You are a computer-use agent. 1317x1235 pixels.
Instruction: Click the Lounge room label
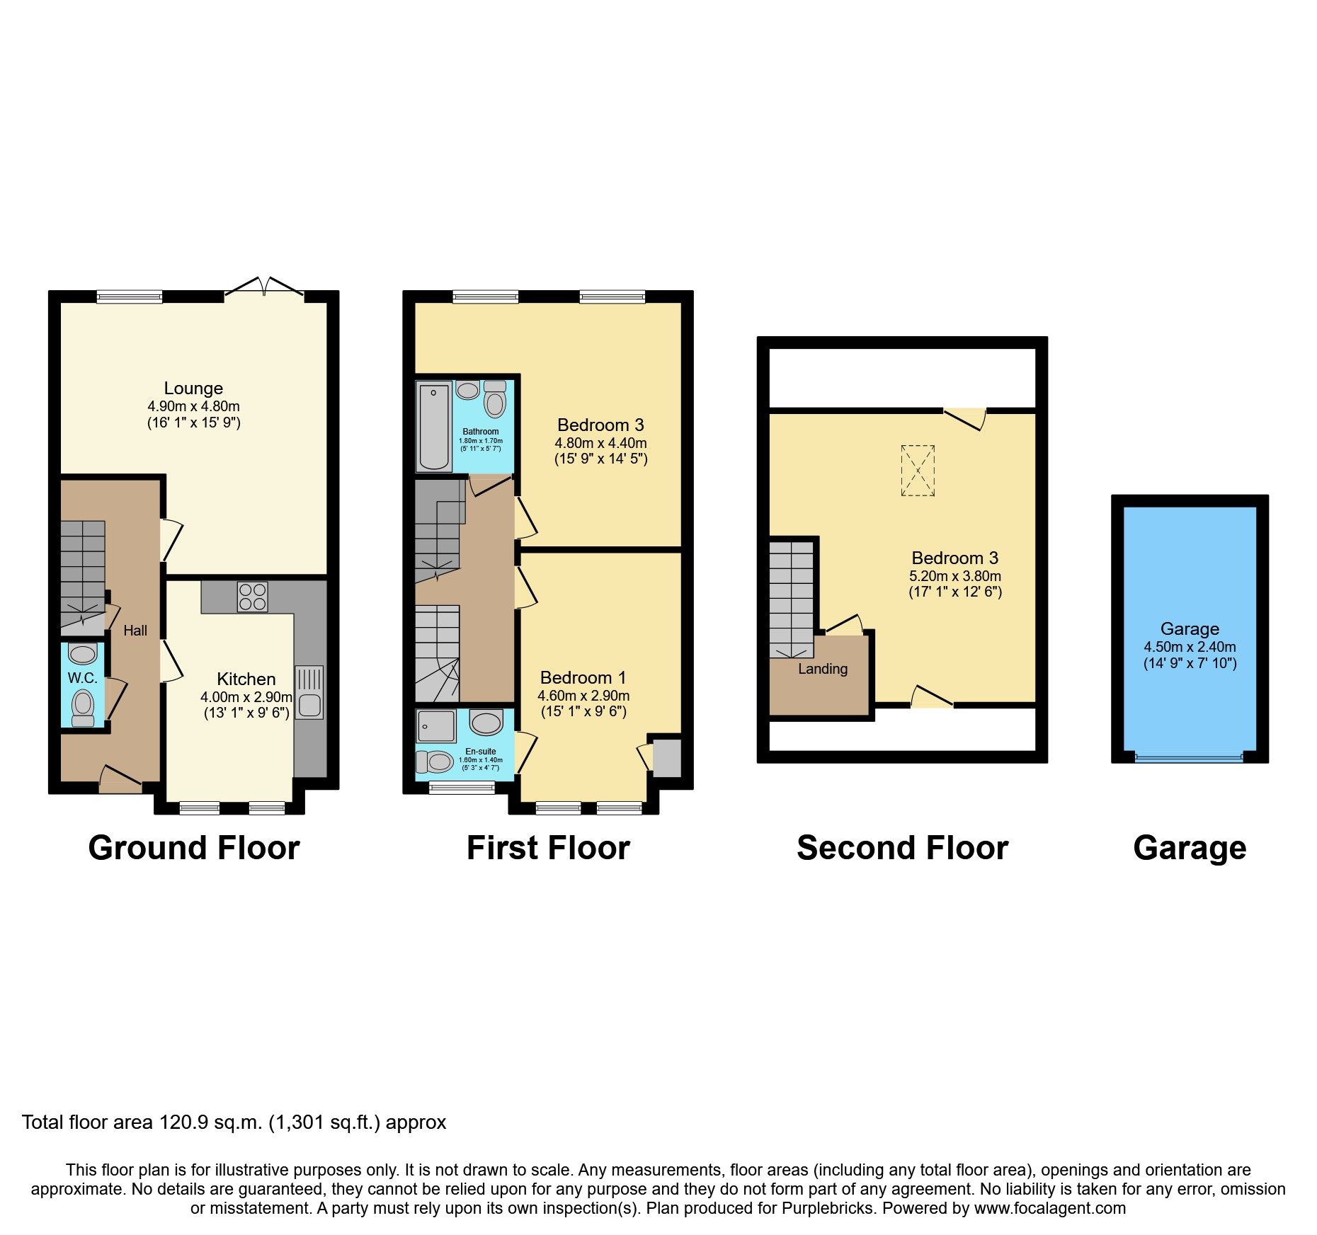(x=193, y=389)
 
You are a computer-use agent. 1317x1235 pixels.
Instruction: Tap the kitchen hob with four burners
(x=253, y=596)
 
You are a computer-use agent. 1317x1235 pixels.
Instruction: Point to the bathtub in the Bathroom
(x=434, y=426)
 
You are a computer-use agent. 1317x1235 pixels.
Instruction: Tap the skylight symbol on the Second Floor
(x=918, y=471)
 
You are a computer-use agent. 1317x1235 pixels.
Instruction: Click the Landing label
(x=823, y=669)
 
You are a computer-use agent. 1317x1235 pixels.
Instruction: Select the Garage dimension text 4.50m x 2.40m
(x=1190, y=647)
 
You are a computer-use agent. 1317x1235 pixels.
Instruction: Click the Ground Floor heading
(x=193, y=848)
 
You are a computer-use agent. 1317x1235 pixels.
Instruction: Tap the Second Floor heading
(x=902, y=848)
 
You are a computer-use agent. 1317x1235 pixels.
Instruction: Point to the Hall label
(x=135, y=631)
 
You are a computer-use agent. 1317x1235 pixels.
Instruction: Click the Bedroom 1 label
(x=583, y=677)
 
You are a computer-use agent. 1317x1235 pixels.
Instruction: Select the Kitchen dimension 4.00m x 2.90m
(x=246, y=697)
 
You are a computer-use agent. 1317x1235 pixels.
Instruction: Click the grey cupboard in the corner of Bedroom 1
(x=666, y=758)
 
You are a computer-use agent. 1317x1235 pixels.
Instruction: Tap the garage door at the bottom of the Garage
(x=1189, y=757)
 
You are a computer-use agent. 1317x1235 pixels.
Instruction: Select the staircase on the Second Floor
(x=792, y=598)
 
